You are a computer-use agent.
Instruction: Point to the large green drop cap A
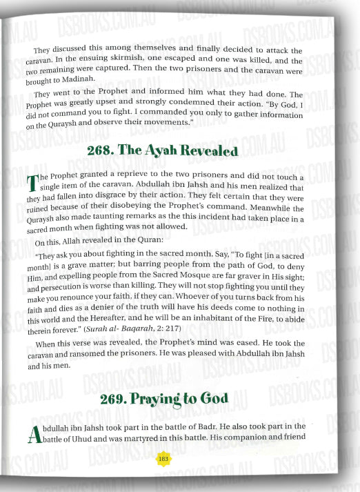tap(38, 433)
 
